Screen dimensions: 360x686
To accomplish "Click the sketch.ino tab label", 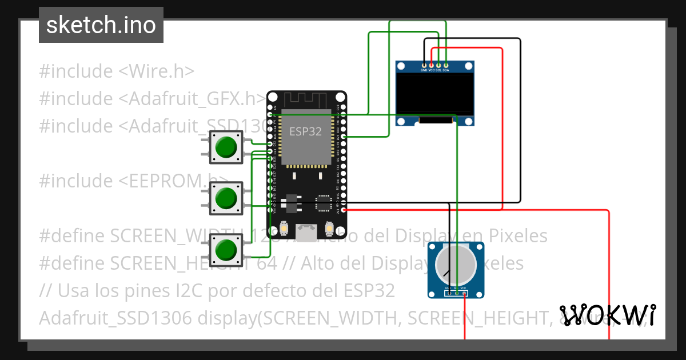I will [x=101, y=25].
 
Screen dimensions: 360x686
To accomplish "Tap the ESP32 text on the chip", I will [x=305, y=131].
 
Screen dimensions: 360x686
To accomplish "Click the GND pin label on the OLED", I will [x=424, y=70].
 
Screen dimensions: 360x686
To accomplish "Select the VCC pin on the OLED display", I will [x=431, y=64].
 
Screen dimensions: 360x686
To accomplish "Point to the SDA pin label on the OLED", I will [x=446, y=70].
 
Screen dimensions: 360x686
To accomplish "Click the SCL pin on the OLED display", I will [x=438, y=64].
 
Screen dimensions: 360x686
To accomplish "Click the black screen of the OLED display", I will [x=436, y=93].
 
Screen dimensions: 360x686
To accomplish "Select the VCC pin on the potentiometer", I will [x=464, y=294].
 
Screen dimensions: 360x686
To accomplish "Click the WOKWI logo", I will [x=607, y=315].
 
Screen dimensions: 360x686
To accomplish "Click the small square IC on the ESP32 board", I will [x=324, y=202].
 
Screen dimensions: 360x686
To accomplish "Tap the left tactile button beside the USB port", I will [x=284, y=229].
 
